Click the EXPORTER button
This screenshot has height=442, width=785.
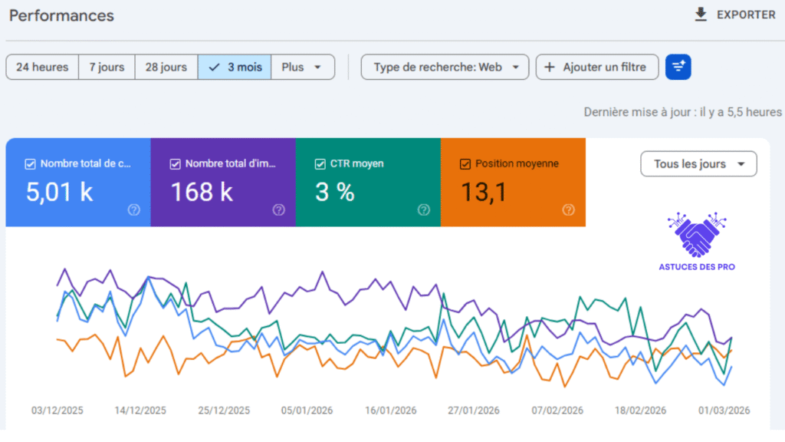734,15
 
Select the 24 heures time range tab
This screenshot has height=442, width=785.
42,67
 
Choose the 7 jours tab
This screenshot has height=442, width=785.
107,67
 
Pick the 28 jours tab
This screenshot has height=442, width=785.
166,67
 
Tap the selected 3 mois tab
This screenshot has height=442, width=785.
235,67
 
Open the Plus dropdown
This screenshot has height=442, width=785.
302,67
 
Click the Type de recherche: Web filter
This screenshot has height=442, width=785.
445,67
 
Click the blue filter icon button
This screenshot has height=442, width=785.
678,67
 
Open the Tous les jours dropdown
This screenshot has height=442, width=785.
698,163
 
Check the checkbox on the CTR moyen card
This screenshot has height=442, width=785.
320,163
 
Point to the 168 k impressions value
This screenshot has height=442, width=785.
201,192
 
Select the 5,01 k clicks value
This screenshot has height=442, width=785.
59,192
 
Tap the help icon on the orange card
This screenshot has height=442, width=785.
568,209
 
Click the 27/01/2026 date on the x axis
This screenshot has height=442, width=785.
474,411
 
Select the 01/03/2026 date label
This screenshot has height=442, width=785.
724,411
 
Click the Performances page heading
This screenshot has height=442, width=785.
61,15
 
